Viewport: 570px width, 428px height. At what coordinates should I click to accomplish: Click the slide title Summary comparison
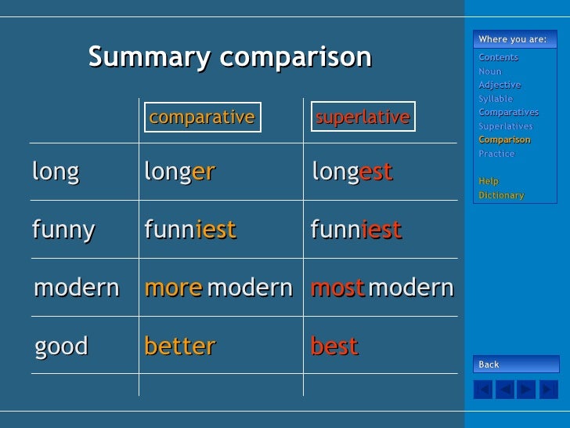229,57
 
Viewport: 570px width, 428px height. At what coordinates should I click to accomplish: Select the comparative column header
201,118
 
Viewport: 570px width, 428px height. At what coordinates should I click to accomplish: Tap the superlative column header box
363,118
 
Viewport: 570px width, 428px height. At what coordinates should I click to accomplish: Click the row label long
56,171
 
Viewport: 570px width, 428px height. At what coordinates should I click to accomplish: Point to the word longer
179,171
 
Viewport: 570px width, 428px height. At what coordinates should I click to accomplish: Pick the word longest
352,171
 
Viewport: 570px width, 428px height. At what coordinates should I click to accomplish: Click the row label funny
63,230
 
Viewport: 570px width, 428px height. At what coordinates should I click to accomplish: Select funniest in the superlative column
355,230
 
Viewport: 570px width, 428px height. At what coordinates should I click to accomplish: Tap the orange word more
173,288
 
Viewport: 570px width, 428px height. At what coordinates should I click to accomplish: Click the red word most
337,288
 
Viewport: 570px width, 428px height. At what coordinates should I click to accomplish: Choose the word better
179,346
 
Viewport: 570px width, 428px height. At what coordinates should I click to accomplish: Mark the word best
334,346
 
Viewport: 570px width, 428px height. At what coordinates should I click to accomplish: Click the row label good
61,346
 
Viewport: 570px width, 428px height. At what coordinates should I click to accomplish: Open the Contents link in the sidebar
498,57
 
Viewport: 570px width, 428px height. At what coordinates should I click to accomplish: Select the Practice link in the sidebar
496,154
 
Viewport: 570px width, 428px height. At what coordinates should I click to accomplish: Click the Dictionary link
501,195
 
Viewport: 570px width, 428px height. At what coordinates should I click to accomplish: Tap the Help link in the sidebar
489,181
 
